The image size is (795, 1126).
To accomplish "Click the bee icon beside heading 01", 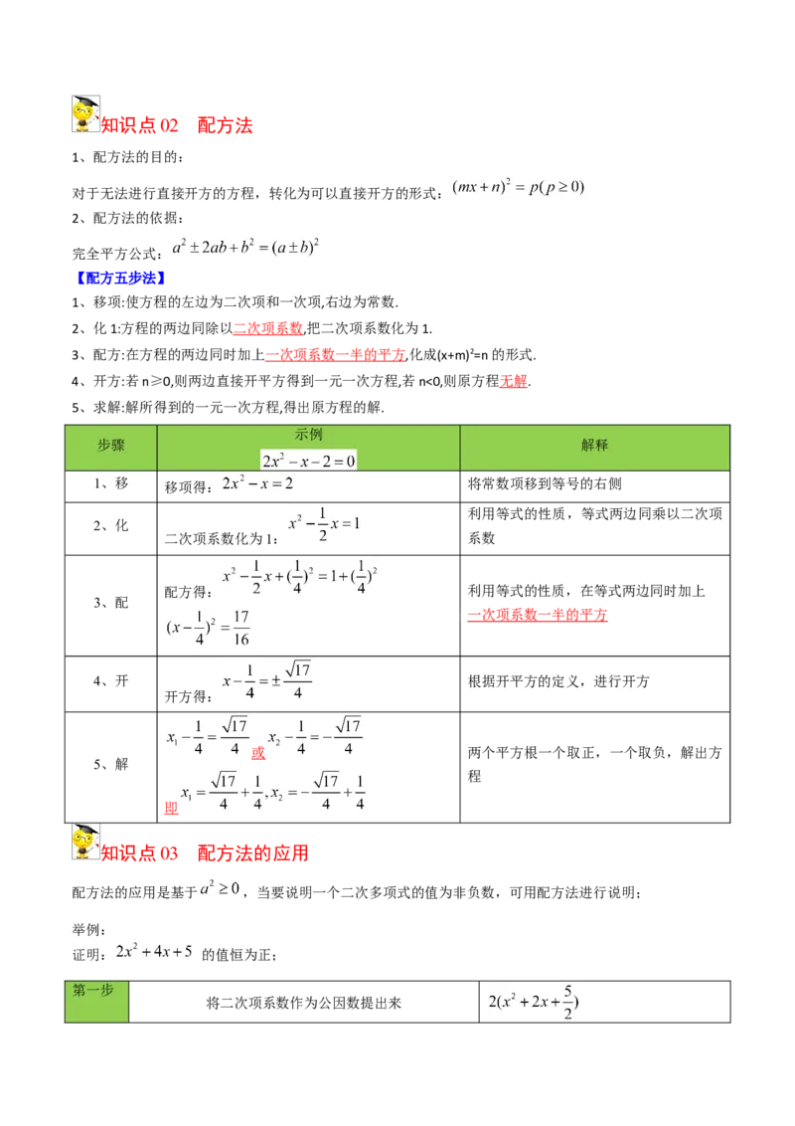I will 86,115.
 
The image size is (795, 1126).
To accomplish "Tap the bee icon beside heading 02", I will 86,842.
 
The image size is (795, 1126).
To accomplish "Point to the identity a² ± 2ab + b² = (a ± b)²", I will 247,247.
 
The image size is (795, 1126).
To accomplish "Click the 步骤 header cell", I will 111,447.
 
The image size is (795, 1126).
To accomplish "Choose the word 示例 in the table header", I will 308,435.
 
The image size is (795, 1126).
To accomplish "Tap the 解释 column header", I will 594,447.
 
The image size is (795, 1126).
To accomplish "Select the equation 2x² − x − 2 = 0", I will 308,460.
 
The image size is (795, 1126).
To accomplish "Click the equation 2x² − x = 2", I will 258,482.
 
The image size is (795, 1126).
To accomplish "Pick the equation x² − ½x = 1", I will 323,525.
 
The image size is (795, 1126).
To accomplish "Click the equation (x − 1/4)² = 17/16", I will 207,628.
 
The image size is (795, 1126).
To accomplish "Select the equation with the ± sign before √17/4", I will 266,682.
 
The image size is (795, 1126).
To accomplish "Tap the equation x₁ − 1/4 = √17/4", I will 206,738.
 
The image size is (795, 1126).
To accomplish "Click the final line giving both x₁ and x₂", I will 274,792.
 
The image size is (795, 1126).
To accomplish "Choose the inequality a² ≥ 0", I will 220,888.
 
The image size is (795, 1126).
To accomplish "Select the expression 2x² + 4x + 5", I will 155,950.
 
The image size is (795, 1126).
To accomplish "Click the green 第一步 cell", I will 96,1002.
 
